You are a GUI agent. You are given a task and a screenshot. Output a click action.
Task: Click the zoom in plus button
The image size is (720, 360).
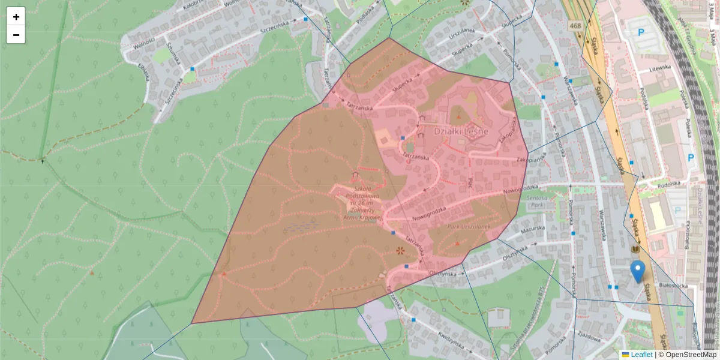[x=16, y=16]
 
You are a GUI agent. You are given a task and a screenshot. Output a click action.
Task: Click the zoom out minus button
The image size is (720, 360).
[x=16, y=35]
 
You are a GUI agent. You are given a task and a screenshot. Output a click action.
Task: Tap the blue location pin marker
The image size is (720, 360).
[x=638, y=271]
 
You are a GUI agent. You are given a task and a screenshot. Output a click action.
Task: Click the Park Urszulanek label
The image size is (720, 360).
[x=467, y=227]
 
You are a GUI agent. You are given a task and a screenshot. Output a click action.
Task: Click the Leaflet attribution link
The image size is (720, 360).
[x=641, y=355]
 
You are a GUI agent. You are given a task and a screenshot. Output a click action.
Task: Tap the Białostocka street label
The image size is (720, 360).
[x=673, y=286]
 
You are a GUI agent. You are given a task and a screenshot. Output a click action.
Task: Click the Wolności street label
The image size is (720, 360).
[x=144, y=44]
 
